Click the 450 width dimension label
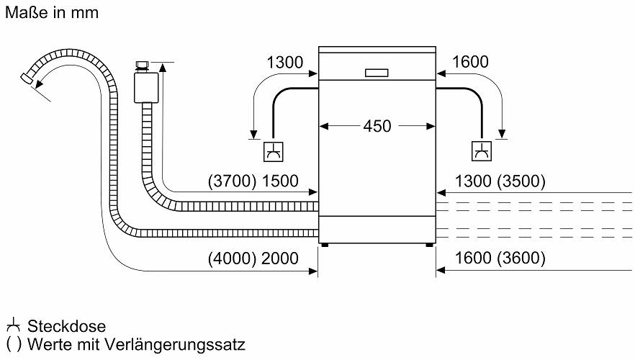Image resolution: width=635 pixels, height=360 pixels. pos(377,126)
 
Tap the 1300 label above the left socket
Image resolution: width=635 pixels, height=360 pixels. pos(284,63)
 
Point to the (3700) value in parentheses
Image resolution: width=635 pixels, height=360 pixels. pos(232,181)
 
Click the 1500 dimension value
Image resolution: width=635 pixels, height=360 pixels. pos(280,181)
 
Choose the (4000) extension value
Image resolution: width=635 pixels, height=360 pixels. pos(232,258)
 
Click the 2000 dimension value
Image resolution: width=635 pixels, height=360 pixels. pos(280,258)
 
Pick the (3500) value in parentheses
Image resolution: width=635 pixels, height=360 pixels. pos(521,181)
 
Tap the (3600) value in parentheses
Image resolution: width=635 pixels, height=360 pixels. pos(521,258)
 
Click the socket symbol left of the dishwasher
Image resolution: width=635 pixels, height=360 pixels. pos(274,152)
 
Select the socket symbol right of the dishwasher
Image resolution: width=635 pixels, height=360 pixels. pos(482,151)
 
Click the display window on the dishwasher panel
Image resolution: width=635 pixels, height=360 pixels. pos(377,73)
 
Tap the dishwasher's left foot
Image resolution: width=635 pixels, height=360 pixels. pos(325,245)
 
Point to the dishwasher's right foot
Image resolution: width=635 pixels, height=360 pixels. pos(430,245)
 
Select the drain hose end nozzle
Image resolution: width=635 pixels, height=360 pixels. pos(27,78)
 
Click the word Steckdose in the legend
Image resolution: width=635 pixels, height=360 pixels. pos(66,326)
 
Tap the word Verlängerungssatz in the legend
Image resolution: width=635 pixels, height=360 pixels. pos(174,345)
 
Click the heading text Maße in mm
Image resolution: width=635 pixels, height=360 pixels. pos(52,12)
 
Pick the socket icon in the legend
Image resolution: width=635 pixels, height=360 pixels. pos(14,325)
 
